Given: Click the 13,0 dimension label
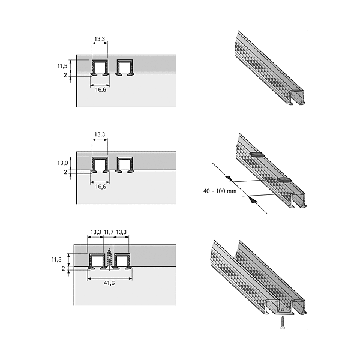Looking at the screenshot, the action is click(62, 163).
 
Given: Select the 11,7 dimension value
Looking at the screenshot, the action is click(109, 232).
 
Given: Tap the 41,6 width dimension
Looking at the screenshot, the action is click(109, 283).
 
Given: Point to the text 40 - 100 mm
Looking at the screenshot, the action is click(220, 191).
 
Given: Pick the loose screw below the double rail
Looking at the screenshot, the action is click(283, 323).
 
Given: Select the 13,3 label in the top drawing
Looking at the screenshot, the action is click(100, 39).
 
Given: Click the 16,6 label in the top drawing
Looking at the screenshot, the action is click(101, 89).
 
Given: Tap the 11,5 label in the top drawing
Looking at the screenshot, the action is click(62, 66).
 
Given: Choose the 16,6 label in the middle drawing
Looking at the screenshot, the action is click(101, 187).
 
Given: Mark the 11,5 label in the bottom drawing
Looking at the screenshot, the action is click(56, 260).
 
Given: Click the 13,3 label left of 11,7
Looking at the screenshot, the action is click(96, 232).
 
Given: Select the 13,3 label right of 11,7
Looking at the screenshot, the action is click(121, 232).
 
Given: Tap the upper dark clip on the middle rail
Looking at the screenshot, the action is click(256, 154).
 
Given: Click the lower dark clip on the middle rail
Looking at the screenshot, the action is click(284, 180).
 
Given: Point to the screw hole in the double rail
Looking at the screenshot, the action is click(283, 310).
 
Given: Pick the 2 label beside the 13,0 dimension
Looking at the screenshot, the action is click(65, 172).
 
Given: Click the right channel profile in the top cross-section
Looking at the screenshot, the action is click(125, 67).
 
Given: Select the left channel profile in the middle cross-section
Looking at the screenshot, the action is click(100, 164).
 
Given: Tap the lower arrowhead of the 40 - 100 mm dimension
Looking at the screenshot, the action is click(253, 200).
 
